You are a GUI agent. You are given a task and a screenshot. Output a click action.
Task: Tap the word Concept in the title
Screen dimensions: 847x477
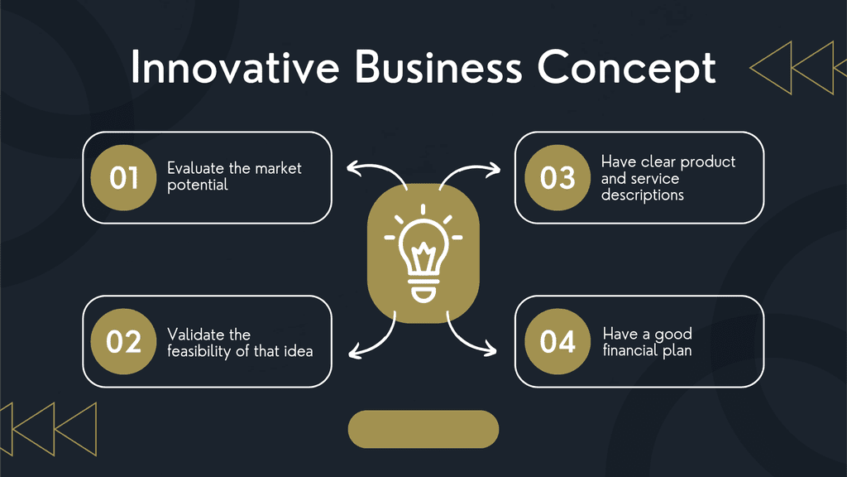[x=627, y=70]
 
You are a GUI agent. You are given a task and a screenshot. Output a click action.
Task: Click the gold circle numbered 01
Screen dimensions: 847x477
[x=124, y=177]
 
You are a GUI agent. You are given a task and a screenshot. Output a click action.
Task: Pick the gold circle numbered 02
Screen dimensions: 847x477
[x=124, y=341]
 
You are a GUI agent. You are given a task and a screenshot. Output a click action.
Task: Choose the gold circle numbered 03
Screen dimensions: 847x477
[x=557, y=177]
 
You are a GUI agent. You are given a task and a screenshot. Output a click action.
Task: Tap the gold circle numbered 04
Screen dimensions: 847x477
[x=557, y=341]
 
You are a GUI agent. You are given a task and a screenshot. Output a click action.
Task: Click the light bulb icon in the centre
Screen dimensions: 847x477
[x=423, y=253]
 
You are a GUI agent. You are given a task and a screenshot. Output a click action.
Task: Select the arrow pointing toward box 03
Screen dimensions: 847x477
[x=468, y=167]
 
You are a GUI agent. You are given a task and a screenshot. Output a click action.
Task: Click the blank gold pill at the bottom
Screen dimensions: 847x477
[x=423, y=430]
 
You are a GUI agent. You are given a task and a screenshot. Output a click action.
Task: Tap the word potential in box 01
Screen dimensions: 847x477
[x=198, y=185]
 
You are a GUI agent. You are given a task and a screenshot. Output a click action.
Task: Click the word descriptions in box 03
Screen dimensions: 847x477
[x=642, y=195]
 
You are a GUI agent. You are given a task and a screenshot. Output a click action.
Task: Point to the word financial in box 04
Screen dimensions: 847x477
[x=631, y=350]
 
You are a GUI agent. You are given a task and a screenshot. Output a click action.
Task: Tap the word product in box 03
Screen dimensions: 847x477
[x=708, y=162]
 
